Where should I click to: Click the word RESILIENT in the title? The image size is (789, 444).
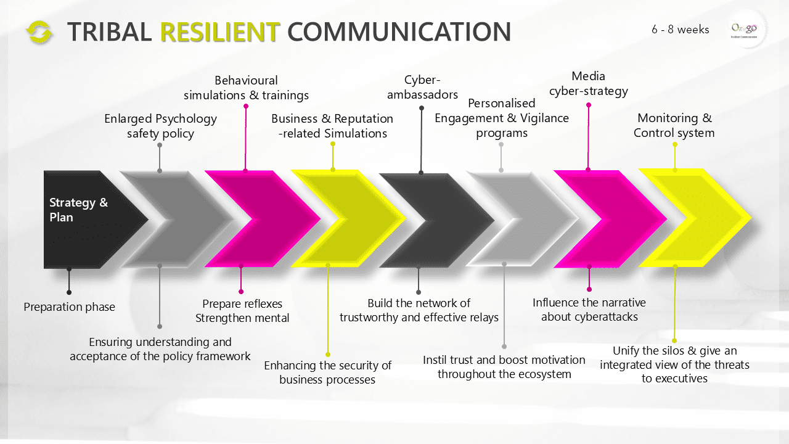[220, 32]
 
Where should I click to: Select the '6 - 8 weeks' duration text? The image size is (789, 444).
[680, 30]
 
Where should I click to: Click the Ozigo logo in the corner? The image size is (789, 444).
[743, 29]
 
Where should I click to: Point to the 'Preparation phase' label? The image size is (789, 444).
[69, 306]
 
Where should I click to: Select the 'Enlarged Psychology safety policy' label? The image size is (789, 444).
[160, 126]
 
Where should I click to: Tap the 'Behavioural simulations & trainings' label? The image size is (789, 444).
[246, 88]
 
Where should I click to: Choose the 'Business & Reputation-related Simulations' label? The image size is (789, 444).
[332, 126]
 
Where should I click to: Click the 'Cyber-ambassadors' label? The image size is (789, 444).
[422, 87]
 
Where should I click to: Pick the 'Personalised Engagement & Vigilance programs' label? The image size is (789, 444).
[502, 117]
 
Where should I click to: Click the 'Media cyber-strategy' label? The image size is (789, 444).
[588, 84]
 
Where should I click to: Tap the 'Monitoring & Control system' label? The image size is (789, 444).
[674, 125]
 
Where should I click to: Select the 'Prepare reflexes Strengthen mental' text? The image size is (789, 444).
[242, 311]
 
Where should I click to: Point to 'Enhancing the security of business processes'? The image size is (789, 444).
[327, 372]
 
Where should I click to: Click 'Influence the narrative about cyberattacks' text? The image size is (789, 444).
[589, 310]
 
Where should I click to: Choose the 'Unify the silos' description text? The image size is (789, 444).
[674, 364]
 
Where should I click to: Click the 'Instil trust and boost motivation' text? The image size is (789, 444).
[504, 367]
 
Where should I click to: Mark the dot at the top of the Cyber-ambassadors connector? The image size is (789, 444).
[422, 108]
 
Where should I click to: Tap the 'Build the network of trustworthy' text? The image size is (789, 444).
[419, 310]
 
